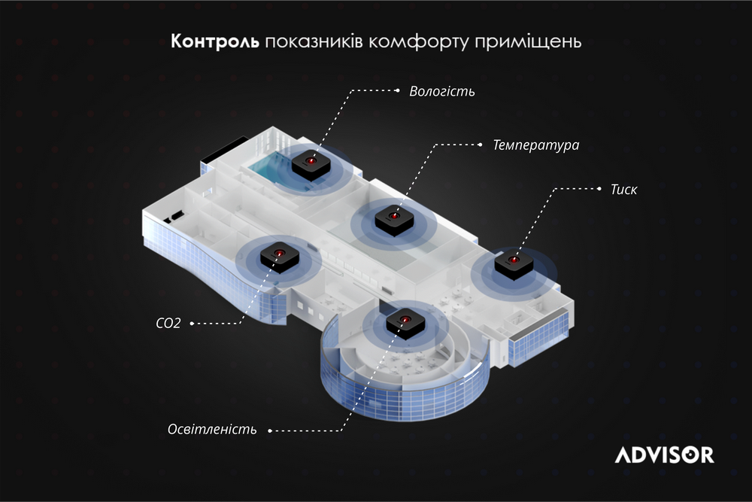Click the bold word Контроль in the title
point(215,41)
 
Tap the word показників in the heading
point(314,41)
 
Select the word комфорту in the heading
point(419,42)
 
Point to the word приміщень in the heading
point(528,42)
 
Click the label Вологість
point(441,91)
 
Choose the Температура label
point(536,145)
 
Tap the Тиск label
point(623,190)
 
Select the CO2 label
point(168,323)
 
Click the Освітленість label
point(212,429)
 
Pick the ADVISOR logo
point(664,455)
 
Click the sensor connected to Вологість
point(311,165)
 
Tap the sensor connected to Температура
point(394,221)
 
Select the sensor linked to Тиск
point(514,265)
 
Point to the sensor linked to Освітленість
point(405,324)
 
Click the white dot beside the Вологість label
point(398,90)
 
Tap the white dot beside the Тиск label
point(599,189)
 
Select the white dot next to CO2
point(192,324)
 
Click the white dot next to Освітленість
point(270,431)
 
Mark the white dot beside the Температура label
point(481,145)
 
